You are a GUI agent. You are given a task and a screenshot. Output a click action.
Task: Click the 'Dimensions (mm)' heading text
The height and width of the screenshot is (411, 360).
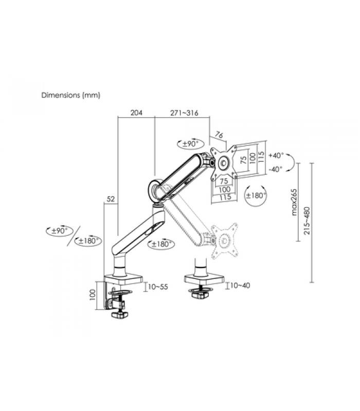(71, 95)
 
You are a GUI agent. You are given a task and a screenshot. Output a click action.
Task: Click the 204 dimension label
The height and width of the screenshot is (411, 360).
(136, 113)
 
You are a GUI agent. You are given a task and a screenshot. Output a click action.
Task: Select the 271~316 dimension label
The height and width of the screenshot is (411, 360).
(184, 113)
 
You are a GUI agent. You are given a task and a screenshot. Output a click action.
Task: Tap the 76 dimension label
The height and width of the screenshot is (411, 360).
(219, 135)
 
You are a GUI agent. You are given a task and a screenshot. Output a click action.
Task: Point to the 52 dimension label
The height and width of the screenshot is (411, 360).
(111, 199)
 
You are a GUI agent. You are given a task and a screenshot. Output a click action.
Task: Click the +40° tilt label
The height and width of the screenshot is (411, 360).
(276, 156)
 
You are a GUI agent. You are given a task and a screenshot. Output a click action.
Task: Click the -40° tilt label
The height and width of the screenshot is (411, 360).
(276, 170)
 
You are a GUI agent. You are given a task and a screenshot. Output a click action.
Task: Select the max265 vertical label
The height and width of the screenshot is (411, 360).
(294, 202)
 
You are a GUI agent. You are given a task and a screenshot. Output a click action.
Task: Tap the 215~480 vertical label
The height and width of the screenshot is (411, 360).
(307, 221)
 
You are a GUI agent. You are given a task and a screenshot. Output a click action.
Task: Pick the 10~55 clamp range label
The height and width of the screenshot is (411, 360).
(158, 287)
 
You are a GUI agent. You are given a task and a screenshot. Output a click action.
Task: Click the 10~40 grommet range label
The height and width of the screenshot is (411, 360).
(240, 286)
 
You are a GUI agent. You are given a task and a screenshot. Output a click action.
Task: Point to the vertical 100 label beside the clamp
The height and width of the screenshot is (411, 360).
(92, 295)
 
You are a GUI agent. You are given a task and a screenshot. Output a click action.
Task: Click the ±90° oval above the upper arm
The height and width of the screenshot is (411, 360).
(190, 144)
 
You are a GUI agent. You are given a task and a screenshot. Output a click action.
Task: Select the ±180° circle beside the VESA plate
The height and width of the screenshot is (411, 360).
(255, 196)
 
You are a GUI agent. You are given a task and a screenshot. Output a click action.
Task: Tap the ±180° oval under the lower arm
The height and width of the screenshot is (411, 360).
(161, 244)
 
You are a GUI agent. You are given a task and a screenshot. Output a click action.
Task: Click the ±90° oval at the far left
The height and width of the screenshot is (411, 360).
(59, 231)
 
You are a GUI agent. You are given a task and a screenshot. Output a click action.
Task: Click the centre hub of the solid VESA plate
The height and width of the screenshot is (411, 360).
(224, 163)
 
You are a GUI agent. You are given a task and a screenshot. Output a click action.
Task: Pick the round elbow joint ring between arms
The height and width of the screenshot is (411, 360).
(156, 190)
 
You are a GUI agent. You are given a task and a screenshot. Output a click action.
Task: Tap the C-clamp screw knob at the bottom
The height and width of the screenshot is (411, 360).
(119, 314)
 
